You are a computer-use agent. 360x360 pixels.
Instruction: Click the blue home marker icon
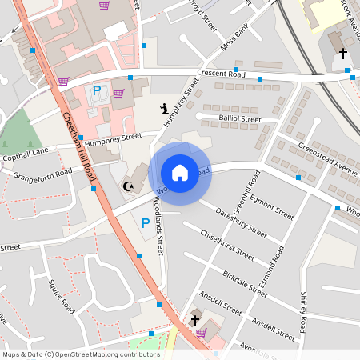pyautogui.click(x=180, y=173)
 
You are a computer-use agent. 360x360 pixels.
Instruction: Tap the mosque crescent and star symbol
pyautogui.click(x=126, y=186)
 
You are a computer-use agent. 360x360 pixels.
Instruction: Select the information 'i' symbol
pyautogui.click(x=163, y=109)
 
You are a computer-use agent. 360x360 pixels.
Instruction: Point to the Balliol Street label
pyautogui.click(x=239, y=119)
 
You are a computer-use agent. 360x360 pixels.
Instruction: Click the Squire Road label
pyautogui.click(x=61, y=296)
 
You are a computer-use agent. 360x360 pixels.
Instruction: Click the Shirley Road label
pyautogui.click(x=303, y=312)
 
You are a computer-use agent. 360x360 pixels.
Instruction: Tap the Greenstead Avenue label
pyautogui.click(x=326, y=158)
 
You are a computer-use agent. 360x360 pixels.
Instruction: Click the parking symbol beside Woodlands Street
pyautogui.click(x=146, y=223)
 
